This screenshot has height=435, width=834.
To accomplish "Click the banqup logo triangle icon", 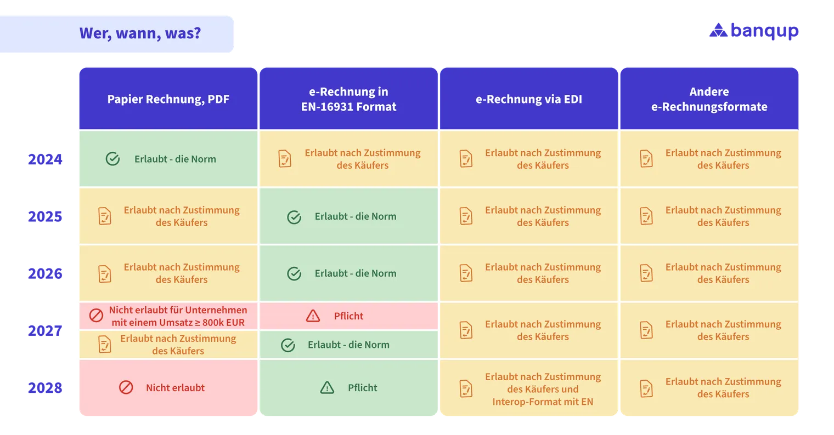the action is [x=718, y=30].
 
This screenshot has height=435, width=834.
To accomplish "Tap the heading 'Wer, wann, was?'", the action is [x=140, y=33].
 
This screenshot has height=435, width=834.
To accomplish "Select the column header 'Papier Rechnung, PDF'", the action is [x=168, y=99].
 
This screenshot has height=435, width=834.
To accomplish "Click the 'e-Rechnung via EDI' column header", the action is [x=529, y=99].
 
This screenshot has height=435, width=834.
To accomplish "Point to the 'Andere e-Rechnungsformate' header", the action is [x=709, y=99].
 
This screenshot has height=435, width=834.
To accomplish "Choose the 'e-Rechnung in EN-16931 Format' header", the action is [x=348, y=99].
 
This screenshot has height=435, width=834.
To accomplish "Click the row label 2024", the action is [x=45, y=159].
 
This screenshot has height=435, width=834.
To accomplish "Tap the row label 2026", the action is [x=45, y=273].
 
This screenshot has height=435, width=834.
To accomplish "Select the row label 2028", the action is [x=45, y=388].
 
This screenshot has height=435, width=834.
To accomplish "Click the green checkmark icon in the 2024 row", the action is [x=112, y=159].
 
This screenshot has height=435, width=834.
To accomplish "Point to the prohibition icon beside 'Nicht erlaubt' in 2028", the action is [x=126, y=387].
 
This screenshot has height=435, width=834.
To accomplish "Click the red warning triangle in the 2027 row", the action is [x=313, y=316].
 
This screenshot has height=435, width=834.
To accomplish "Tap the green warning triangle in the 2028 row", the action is [x=327, y=388].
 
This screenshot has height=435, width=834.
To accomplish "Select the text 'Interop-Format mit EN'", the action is [x=543, y=402].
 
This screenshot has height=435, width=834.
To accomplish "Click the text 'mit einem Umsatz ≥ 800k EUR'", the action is [x=178, y=322].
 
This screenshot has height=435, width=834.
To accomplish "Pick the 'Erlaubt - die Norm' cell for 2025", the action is [x=348, y=216].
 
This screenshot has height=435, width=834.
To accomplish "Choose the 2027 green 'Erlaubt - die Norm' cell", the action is [x=348, y=345].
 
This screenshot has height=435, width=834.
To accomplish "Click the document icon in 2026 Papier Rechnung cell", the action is [x=105, y=273].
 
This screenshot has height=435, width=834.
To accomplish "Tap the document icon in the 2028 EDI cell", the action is [x=466, y=389].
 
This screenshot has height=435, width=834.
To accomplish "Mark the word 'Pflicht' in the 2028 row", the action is [x=362, y=388].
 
